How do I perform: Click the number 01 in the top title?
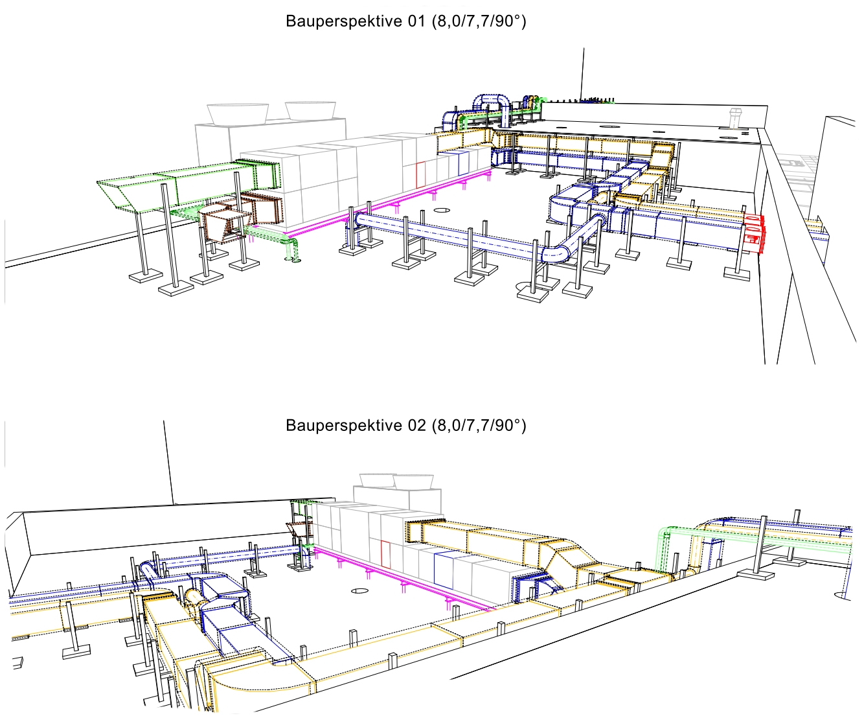coord(416,21)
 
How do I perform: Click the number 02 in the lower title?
coord(416,425)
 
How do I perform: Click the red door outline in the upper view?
coord(420,175)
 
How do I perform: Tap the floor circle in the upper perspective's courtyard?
coord(442,211)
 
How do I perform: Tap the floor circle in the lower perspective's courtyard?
coord(359,591)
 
